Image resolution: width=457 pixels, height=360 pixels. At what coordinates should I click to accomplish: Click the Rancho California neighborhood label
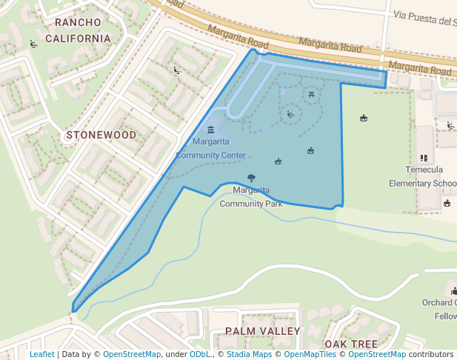tap(78, 30)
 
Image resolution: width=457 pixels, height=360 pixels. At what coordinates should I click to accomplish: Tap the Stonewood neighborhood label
tap(101, 136)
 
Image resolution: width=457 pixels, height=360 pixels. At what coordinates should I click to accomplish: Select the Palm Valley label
tap(263, 331)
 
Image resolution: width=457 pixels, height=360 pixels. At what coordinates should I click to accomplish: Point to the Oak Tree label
tap(350, 344)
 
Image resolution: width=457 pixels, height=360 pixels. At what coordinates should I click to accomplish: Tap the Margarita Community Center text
tap(210, 148)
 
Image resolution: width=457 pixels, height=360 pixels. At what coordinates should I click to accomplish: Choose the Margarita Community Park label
tap(251, 196)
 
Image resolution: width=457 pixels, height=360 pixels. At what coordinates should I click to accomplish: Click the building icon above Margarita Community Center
tap(210, 130)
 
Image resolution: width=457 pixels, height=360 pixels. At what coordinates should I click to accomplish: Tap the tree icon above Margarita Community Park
tap(251, 178)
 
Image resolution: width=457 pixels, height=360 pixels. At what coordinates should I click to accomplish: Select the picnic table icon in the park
tap(312, 93)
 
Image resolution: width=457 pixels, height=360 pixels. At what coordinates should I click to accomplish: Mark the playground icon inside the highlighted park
tap(290, 114)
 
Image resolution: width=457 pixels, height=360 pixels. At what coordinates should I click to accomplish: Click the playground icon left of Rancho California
tap(33, 44)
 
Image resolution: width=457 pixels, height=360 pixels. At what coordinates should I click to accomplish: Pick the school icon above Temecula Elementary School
tap(424, 158)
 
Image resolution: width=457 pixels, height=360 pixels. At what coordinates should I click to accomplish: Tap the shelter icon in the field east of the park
tap(364, 118)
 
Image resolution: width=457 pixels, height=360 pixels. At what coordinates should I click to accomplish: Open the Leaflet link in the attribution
tap(41, 355)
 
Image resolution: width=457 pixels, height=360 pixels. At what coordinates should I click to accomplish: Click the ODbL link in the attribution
tap(200, 355)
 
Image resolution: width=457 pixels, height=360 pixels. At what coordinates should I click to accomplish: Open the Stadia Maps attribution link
tap(247, 355)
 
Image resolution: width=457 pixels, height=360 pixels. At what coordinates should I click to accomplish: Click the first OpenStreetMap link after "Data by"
tap(131, 355)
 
